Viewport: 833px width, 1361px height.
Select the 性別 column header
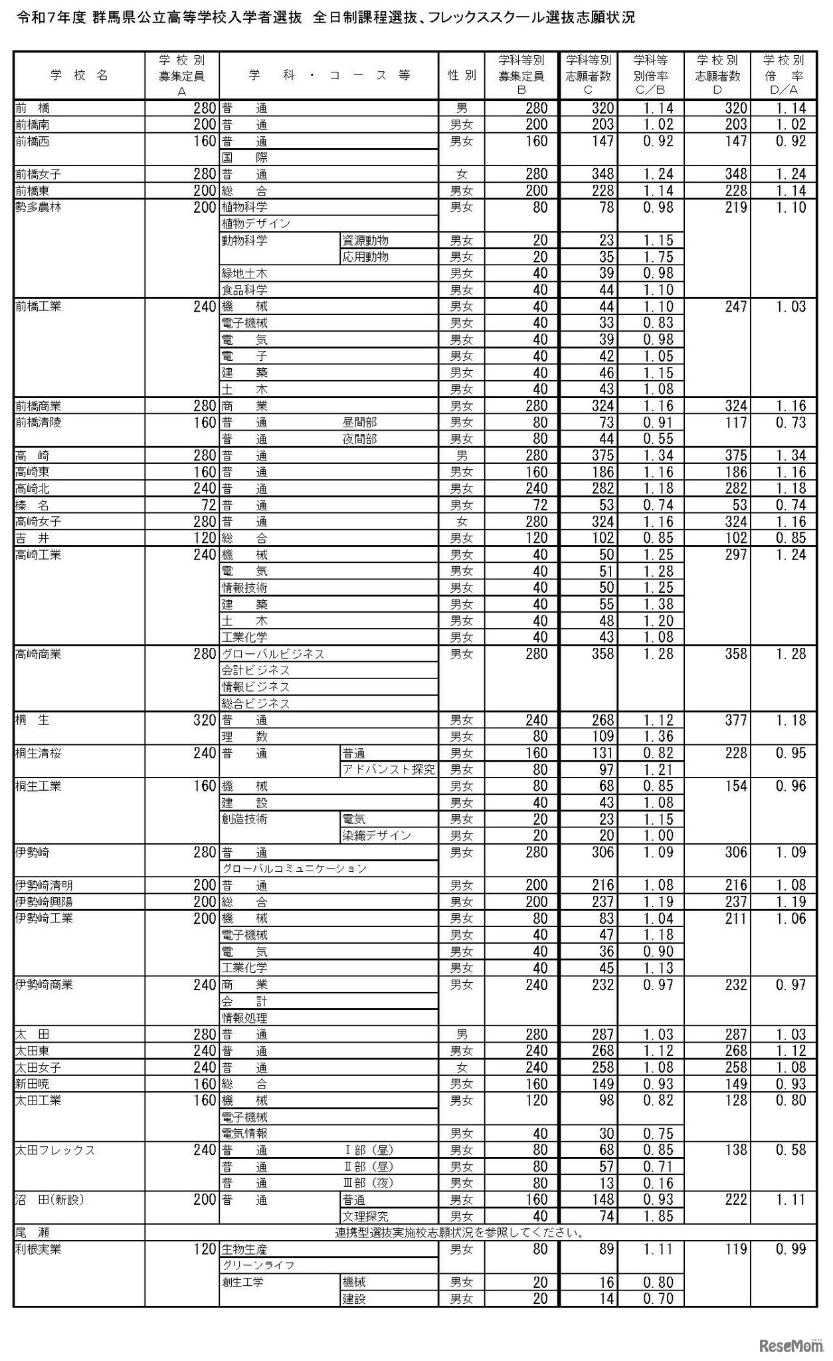pos(462,75)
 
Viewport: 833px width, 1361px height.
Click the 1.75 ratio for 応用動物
pos(658,257)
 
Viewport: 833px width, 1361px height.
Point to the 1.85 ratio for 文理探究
pos(658,1216)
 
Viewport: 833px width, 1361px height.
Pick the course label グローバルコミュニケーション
pos(294,869)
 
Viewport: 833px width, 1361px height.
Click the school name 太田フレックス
pos(55,1150)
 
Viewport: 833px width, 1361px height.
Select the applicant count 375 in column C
pos(602,456)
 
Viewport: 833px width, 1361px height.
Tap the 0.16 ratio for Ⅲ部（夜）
pos(658,1184)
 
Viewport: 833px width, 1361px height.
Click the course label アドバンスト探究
pos(389,770)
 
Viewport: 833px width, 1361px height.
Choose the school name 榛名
pos(32,505)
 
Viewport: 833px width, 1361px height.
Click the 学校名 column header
pos(79,75)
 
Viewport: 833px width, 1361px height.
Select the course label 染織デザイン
pos(377,836)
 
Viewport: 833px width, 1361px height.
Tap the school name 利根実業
pos(39,1249)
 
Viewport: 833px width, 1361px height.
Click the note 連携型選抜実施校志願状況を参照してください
pos(460,1233)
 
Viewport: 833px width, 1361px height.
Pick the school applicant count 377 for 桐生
pos(735,720)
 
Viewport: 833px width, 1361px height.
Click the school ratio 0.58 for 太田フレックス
pos(790,1150)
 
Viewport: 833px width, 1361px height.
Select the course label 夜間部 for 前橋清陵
pos(359,439)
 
